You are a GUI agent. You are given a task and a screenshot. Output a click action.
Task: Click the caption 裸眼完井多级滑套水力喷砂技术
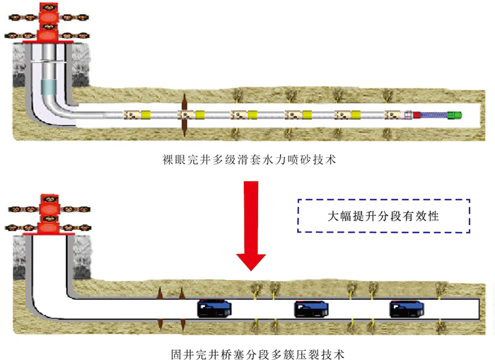point(248,161)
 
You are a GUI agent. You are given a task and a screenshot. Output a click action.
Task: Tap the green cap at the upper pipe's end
point(457,115)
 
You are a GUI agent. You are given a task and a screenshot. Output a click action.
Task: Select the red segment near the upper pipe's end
point(417,115)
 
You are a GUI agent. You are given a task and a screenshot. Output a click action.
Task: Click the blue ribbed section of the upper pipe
point(436,115)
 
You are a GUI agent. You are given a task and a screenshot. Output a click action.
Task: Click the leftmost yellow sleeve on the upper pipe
point(147,115)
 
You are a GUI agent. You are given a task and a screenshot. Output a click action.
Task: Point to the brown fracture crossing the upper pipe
point(183,115)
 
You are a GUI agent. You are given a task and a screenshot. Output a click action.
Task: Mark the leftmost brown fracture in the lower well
point(161,308)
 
